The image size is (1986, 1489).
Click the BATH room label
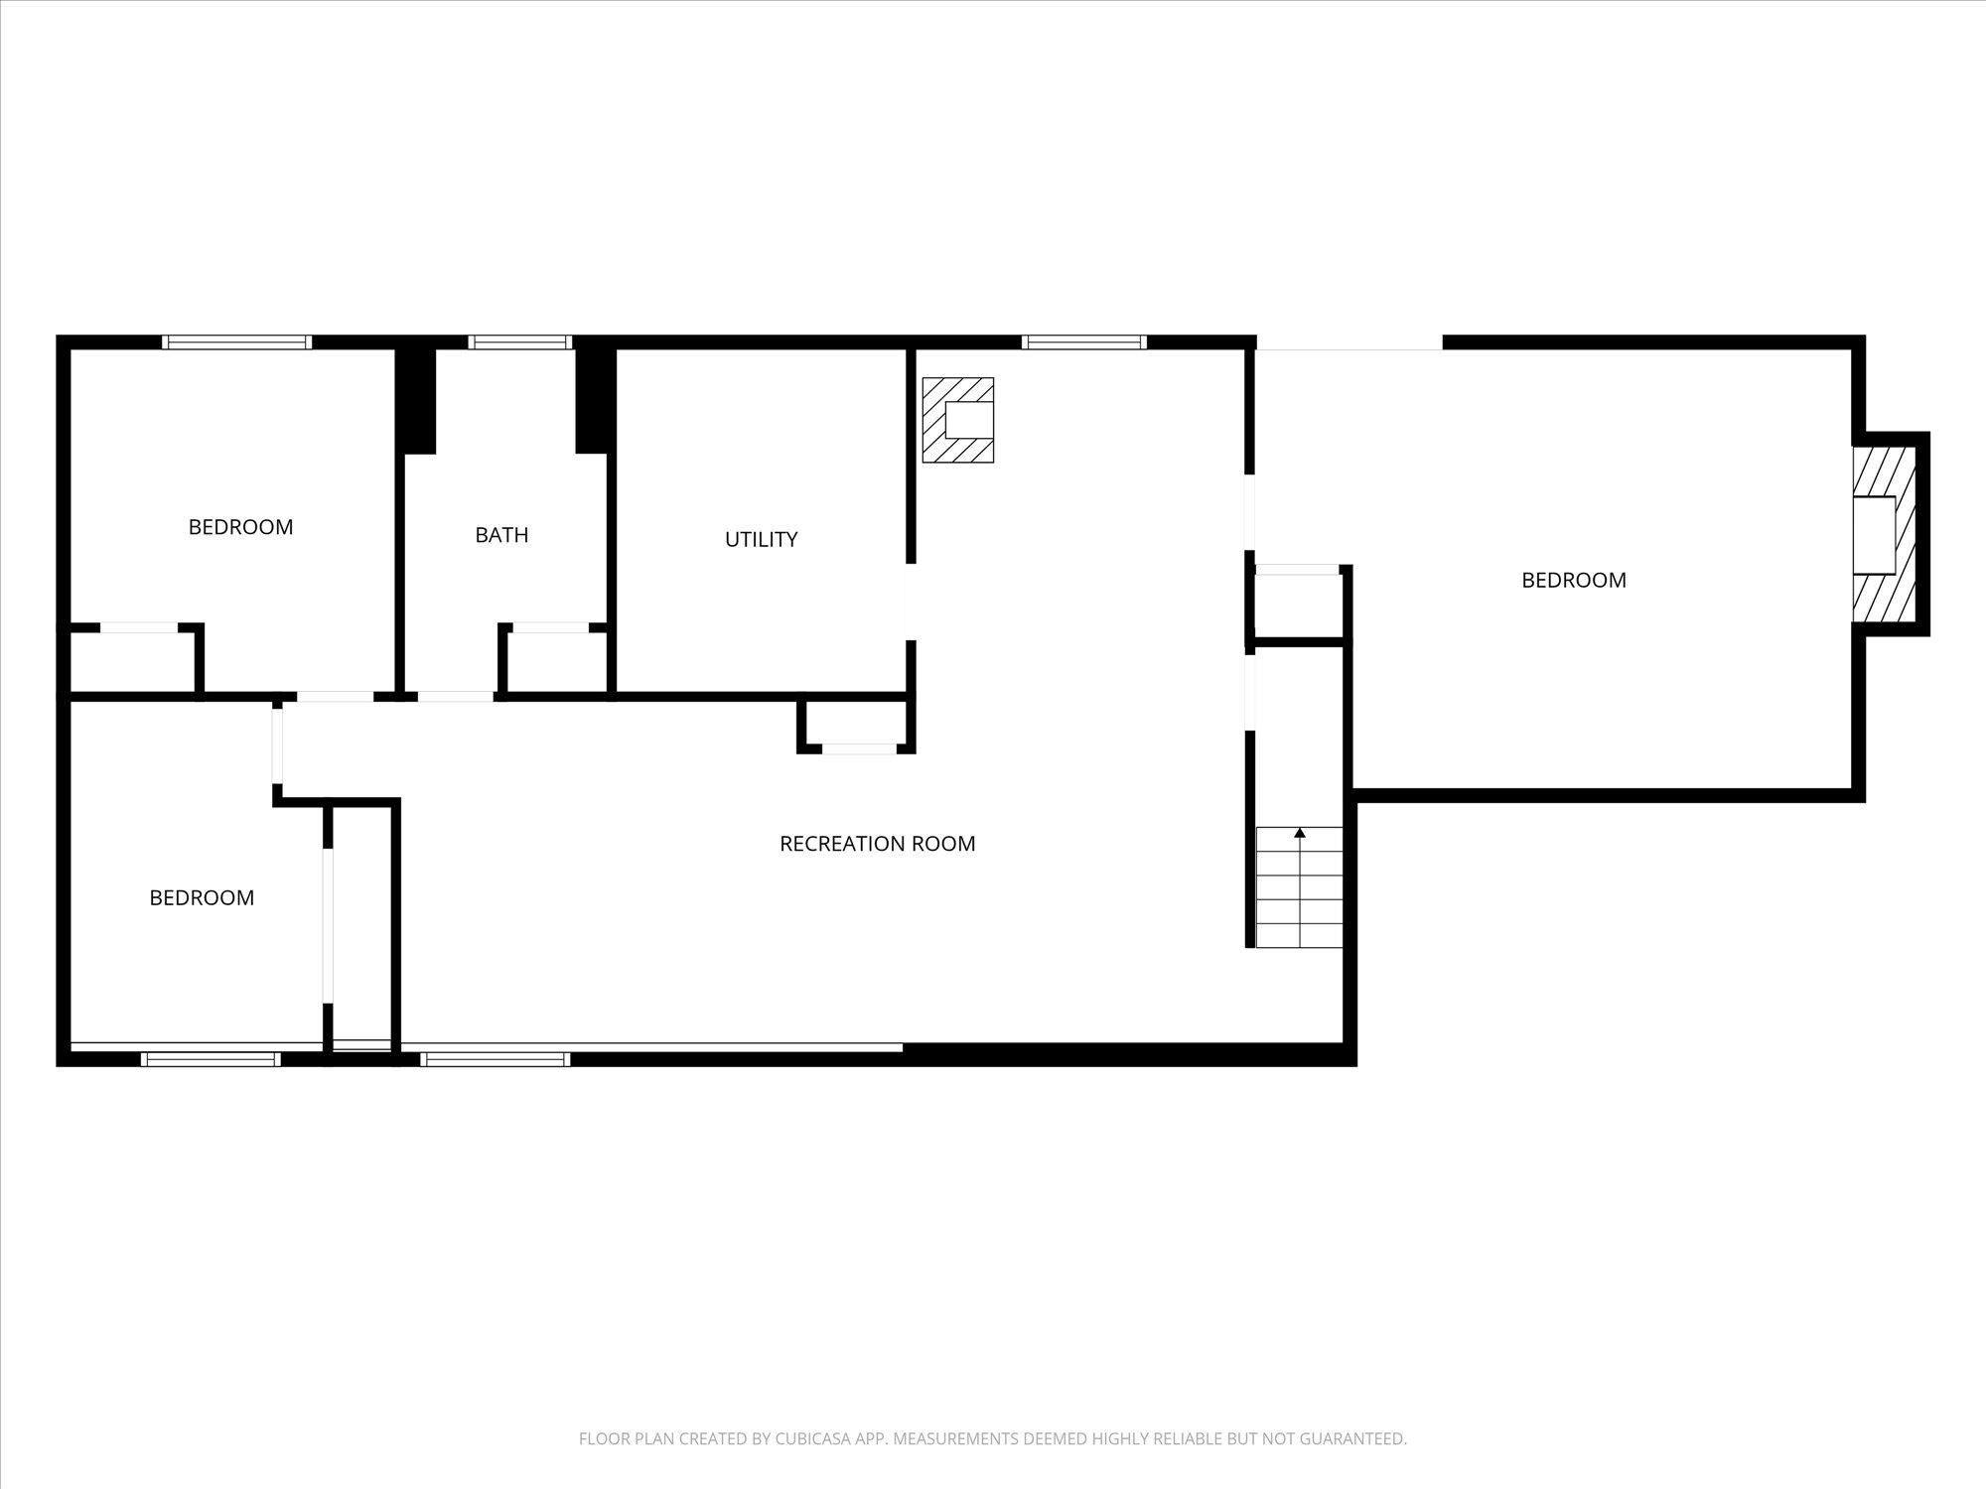pyautogui.click(x=501, y=535)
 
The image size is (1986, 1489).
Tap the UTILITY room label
pyautogui.click(x=761, y=540)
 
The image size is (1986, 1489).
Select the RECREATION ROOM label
pyautogui.click(x=877, y=844)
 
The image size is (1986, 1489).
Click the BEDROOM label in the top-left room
pyautogui.click(x=240, y=527)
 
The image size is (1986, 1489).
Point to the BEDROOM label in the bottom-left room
pyautogui.click(x=202, y=898)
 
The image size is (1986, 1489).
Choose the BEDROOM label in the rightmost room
pyautogui.click(x=1574, y=581)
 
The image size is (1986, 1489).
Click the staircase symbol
pyautogui.click(x=1299, y=887)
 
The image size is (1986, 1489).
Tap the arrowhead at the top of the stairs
pyautogui.click(x=1300, y=833)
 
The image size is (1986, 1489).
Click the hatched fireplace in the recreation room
pyautogui.click(x=957, y=420)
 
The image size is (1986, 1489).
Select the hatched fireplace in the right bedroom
pyautogui.click(x=1884, y=534)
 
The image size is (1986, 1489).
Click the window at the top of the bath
pyautogui.click(x=520, y=342)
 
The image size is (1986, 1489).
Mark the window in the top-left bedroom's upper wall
pyautogui.click(x=237, y=342)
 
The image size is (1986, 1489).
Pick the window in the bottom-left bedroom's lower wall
pyautogui.click(x=211, y=1059)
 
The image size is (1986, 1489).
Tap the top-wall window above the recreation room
pyautogui.click(x=1083, y=342)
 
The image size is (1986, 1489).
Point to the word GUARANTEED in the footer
pyautogui.click(x=1354, y=1438)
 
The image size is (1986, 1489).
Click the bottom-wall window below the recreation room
pyautogui.click(x=495, y=1059)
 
